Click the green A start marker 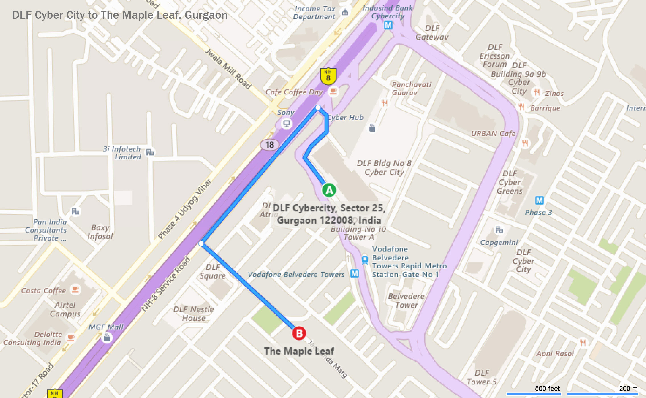pos(329,190)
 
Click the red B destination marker pos(299,333)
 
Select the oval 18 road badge pos(269,145)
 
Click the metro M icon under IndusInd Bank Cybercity pos(388,25)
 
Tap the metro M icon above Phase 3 pos(539,200)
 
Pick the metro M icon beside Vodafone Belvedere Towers pos(354,273)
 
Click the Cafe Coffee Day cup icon pos(333,91)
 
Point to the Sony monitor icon pos(286,123)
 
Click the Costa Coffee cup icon pos(75,289)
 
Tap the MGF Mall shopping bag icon pos(107,338)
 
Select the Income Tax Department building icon pos(345,12)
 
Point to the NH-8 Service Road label pos(166,284)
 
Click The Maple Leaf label pos(299,351)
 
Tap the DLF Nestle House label pos(193,314)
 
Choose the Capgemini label pos(499,242)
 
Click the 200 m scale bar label pos(628,389)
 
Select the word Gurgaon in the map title pos(206,15)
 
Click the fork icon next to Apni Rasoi pos(583,342)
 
